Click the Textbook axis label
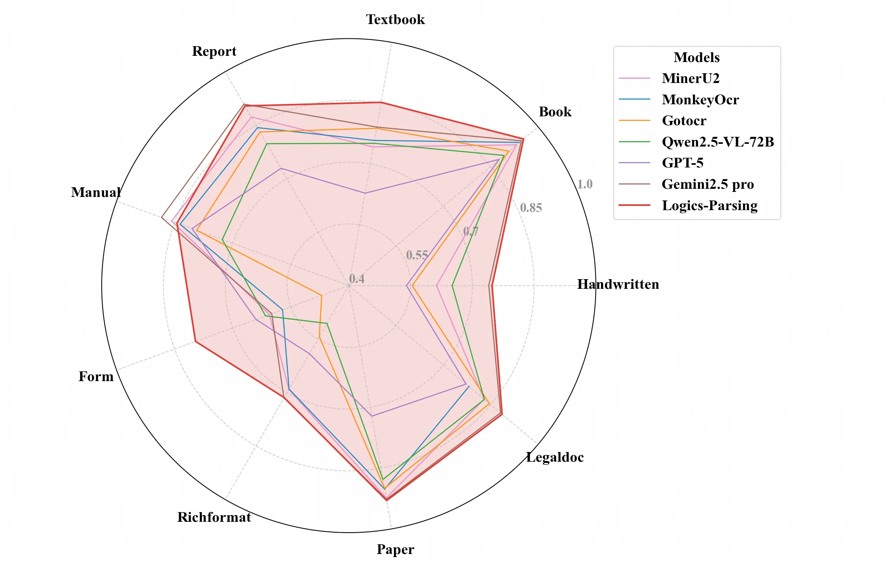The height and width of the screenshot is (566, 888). pyautogui.click(x=395, y=20)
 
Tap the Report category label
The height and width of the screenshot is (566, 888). pyautogui.click(x=214, y=52)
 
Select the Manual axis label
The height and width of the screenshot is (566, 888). pyautogui.click(x=96, y=192)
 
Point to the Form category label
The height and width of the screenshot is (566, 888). pyautogui.click(x=96, y=376)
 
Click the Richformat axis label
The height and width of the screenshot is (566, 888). pyautogui.click(x=214, y=517)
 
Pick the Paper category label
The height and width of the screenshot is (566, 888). pyautogui.click(x=395, y=549)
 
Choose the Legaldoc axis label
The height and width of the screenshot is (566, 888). pyautogui.click(x=555, y=457)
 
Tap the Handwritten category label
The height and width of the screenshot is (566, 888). pyautogui.click(x=618, y=285)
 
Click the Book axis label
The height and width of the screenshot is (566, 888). pyautogui.click(x=555, y=112)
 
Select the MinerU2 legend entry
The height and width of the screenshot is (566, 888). pyautogui.click(x=690, y=78)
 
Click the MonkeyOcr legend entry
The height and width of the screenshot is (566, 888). pyautogui.click(x=700, y=100)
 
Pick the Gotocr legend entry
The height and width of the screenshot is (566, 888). pyautogui.click(x=684, y=121)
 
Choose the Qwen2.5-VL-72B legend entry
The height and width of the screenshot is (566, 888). pyautogui.click(x=717, y=142)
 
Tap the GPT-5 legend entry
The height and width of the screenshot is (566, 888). pyautogui.click(x=682, y=163)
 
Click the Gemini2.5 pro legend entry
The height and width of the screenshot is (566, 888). pyautogui.click(x=707, y=184)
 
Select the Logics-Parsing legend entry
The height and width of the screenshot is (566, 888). pyautogui.click(x=709, y=205)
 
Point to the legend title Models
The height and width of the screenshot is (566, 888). pyautogui.click(x=696, y=57)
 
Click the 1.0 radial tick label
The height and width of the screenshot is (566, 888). pyautogui.click(x=585, y=184)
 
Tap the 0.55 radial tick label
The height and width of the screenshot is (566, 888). pyautogui.click(x=417, y=255)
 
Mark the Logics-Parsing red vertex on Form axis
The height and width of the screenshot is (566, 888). pyautogui.click(x=195, y=342)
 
